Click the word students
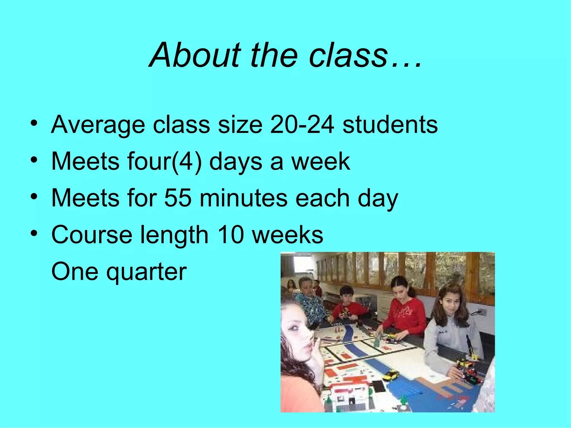tap(390, 125)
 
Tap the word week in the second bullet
tap(321, 162)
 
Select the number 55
tap(178, 198)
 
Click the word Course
tap(92, 235)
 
